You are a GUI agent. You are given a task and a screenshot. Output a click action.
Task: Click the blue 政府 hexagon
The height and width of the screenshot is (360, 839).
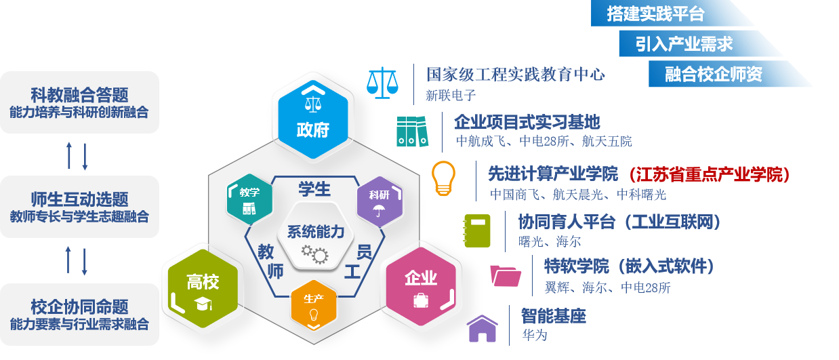pyautogui.click(x=313, y=119)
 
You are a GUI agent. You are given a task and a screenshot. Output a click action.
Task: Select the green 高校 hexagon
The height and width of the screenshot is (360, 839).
pyautogui.click(x=203, y=289)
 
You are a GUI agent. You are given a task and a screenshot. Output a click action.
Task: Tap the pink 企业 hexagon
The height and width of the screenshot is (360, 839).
pyautogui.click(x=421, y=287)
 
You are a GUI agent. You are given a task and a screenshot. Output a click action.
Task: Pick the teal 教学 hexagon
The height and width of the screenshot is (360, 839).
pyautogui.click(x=249, y=199)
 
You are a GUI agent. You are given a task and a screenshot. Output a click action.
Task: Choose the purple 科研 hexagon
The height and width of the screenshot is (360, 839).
pyautogui.click(x=380, y=201)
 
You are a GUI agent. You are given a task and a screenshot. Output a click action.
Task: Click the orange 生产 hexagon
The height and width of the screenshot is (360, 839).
pyautogui.click(x=314, y=305)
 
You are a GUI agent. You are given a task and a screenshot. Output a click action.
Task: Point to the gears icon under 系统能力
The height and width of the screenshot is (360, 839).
pyautogui.click(x=315, y=255)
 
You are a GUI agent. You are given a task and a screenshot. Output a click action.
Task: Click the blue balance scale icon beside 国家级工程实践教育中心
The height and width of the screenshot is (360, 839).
pyautogui.click(x=382, y=83)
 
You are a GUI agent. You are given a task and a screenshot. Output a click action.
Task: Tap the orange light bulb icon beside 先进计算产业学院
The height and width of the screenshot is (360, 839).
pyautogui.click(x=443, y=178)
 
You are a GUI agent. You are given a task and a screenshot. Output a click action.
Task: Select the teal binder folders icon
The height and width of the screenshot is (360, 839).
pyautogui.click(x=412, y=132)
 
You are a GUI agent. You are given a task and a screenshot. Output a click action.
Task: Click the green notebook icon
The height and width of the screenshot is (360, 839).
pyautogui.click(x=476, y=231)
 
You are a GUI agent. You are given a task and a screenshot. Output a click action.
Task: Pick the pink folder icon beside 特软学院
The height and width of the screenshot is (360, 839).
pyautogui.click(x=506, y=276)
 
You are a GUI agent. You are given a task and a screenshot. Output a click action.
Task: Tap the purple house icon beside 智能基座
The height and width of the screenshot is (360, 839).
pyautogui.click(x=483, y=329)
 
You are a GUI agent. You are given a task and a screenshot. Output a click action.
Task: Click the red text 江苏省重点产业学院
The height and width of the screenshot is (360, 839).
pyautogui.click(x=710, y=174)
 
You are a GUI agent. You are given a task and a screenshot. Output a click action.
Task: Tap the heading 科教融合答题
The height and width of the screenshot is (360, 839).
pyautogui.click(x=79, y=95)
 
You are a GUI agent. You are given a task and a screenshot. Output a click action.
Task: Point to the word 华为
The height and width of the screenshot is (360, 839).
pyautogui.click(x=535, y=335)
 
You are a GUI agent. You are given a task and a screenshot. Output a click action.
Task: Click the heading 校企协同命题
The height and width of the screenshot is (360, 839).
pyautogui.click(x=79, y=307)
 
